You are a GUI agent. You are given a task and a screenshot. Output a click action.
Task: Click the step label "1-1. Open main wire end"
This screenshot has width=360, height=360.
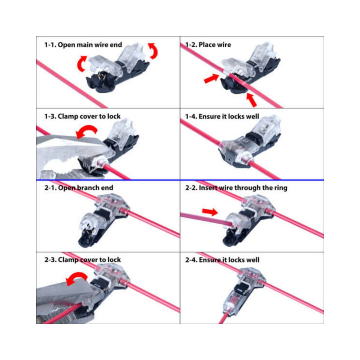point(83,45)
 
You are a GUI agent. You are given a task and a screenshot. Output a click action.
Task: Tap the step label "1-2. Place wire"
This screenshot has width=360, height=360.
point(208,45)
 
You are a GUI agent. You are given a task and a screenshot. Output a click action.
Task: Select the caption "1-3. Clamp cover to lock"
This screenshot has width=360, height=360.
point(82,117)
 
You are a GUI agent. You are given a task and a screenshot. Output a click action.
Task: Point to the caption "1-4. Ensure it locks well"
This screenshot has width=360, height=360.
point(222,117)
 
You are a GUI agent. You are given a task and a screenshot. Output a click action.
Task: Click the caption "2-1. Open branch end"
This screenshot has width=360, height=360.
point(78,188)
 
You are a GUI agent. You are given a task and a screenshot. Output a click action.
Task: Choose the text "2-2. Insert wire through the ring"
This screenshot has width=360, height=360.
point(236,188)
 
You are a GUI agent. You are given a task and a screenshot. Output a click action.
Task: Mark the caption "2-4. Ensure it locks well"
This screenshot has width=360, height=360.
point(222,260)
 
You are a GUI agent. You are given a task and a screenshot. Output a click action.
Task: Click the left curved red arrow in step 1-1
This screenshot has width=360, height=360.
point(81,63)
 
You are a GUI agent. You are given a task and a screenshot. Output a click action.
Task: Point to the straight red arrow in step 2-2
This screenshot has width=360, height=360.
point(210,211)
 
